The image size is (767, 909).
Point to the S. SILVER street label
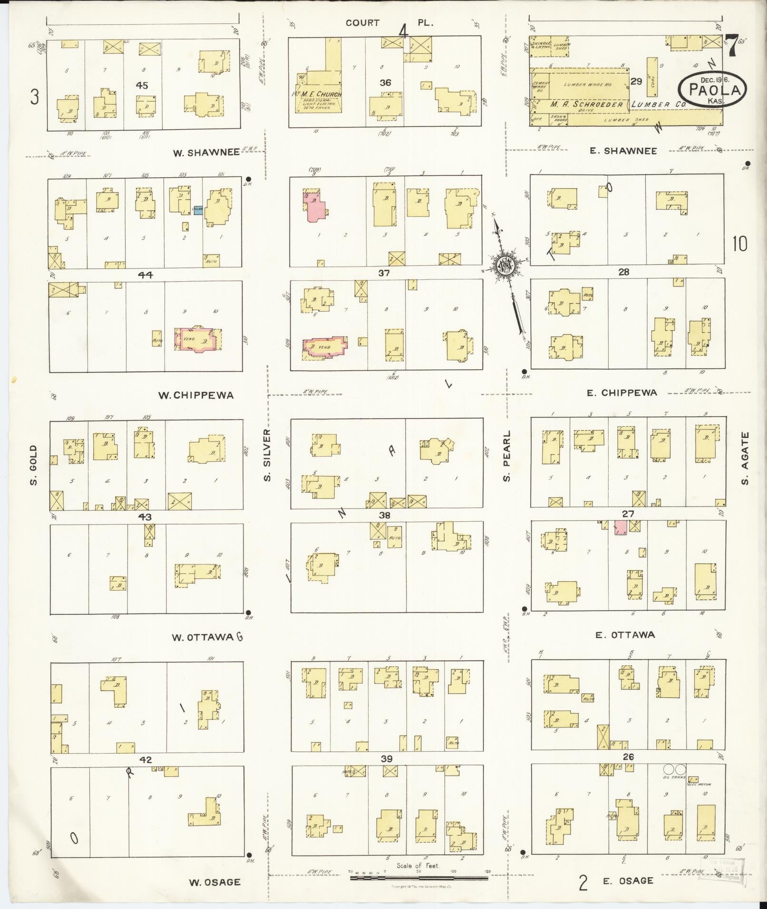(x=267, y=455)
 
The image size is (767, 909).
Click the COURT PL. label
(x=389, y=23)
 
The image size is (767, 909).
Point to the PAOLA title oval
(x=712, y=90)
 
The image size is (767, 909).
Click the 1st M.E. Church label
(x=317, y=94)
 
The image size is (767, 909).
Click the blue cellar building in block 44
(x=198, y=209)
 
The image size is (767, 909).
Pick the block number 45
(x=142, y=86)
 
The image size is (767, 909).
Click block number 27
(x=628, y=514)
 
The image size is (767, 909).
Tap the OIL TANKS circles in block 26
(x=676, y=769)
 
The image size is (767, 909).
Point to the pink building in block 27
(x=620, y=527)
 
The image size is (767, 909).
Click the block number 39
(x=387, y=759)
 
